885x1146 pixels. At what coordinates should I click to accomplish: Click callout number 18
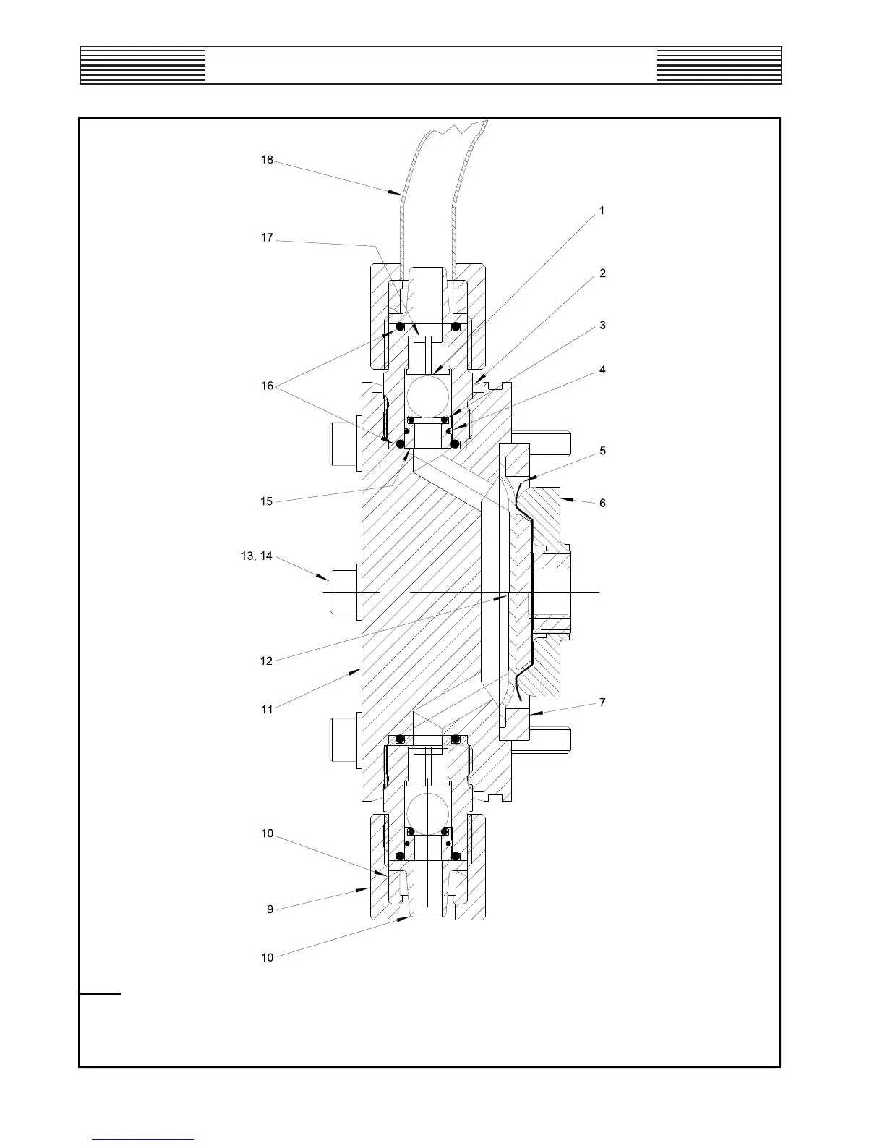tap(267, 160)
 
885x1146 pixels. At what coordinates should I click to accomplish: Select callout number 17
tap(267, 237)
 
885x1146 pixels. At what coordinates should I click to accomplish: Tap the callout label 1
tap(602, 211)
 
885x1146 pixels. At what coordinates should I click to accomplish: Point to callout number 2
tap(602, 273)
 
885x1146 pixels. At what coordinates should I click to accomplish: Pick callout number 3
tap(602, 326)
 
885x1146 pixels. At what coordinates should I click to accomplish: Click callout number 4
tap(602, 370)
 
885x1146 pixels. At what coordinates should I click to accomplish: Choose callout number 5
tap(602, 451)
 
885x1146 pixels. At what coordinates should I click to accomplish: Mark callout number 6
tap(602, 503)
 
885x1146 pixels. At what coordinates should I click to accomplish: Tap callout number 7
tap(602, 703)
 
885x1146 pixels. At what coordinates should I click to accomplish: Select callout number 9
tap(270, 909)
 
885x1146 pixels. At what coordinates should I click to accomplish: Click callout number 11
tap(267, 709)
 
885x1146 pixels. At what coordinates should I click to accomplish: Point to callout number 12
tap(267, 661)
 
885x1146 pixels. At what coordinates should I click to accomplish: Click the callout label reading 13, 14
tap(257, 556)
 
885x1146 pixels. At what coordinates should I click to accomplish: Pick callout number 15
tap(267, 501)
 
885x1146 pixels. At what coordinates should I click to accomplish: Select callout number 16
tap(267, 386)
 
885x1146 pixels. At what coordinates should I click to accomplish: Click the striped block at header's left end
tap(143, 66)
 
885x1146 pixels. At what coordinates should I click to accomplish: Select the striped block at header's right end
tap(719, 66)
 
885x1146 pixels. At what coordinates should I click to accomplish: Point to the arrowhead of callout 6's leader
tap(563, 498)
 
